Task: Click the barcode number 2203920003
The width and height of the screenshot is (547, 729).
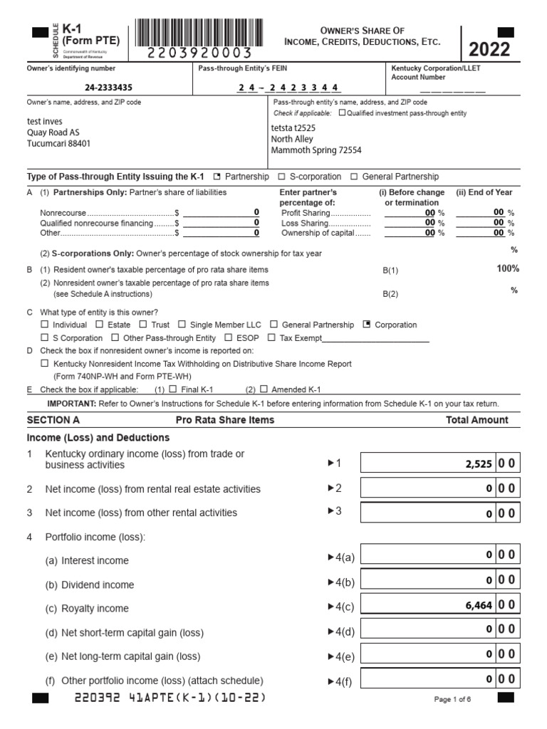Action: coord(200,53)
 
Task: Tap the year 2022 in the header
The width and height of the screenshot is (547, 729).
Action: coord(489,49)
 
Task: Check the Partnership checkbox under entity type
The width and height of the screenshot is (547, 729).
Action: coord(217,177)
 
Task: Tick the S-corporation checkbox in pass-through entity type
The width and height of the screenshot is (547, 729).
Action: coord(281,177)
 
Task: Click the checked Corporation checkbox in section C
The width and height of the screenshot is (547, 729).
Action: coord(367,325)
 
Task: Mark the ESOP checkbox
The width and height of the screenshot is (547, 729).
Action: coord(229,338)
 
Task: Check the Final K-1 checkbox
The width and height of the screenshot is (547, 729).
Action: coord(173,389)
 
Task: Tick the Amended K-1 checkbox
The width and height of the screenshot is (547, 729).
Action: coord(264,389)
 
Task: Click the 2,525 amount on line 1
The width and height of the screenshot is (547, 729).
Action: coord(478,463)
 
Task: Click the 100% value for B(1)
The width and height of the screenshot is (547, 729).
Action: coord(508,268)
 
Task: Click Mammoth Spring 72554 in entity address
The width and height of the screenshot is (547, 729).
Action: coord(316,150)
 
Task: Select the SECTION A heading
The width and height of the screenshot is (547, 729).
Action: coord(53,420)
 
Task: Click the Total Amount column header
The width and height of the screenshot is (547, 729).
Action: coord(476,420)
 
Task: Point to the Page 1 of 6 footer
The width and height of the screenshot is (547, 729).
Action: coord(452,700)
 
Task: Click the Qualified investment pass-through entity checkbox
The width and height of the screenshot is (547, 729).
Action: coord(342,112)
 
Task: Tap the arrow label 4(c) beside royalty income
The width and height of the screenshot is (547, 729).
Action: coord(340,607)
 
